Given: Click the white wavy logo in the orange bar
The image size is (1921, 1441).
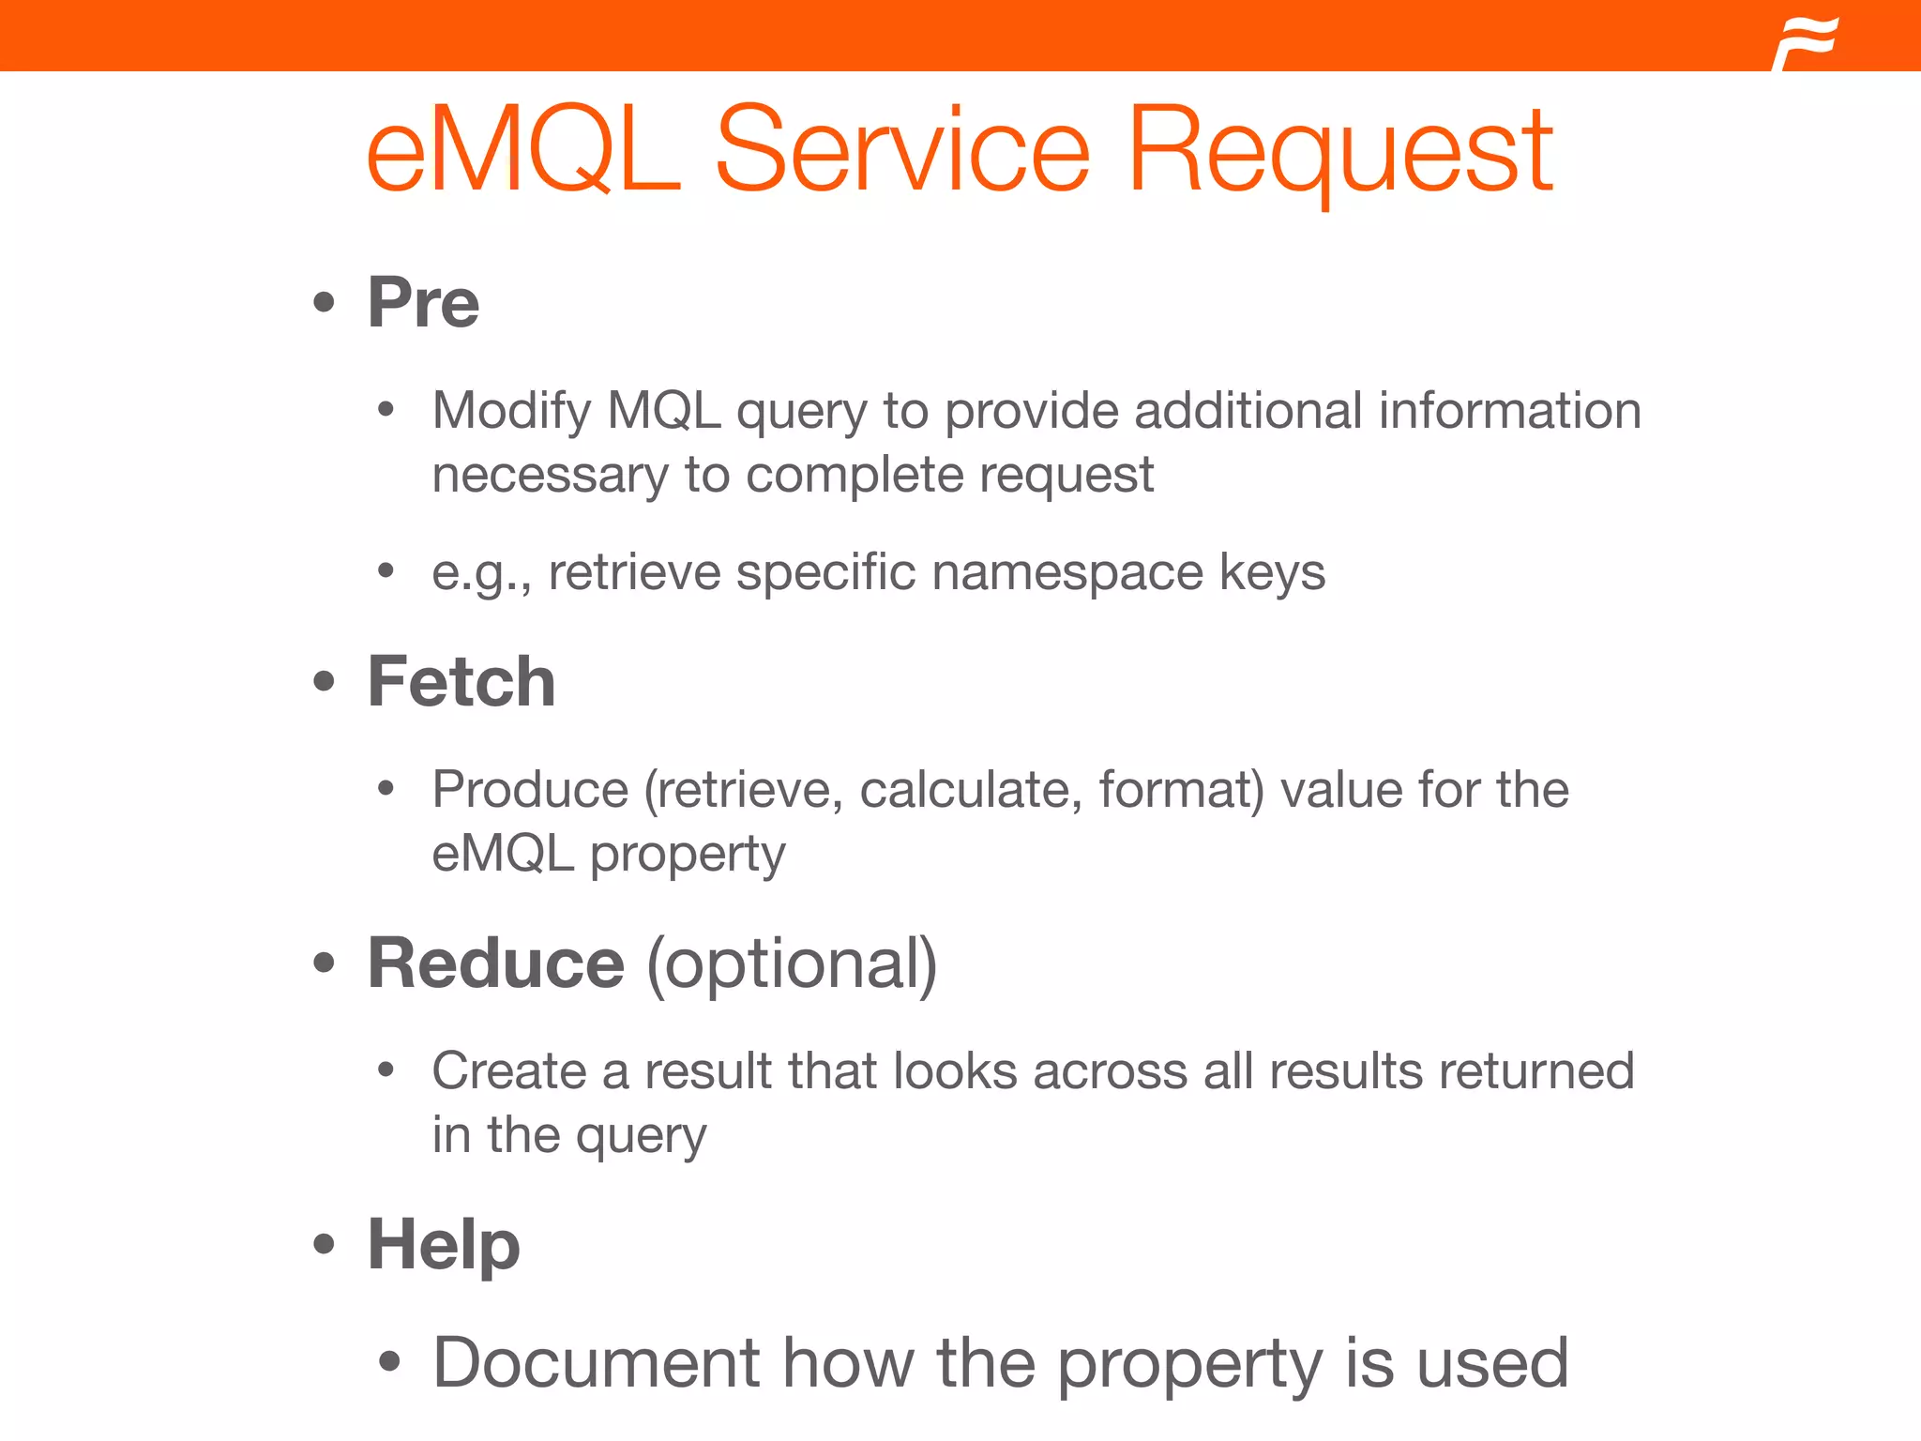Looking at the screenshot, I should click(x=1805, y=43).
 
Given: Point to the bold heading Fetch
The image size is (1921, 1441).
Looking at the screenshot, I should click(x=461, y=681).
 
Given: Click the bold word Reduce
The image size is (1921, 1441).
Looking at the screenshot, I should click(x=495, y=963).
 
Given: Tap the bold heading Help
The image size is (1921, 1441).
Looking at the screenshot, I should click(x=443, y=1244).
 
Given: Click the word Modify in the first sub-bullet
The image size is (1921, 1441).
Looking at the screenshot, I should click(x=511, y=411).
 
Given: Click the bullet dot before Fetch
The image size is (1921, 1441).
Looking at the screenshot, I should click(x=324, y=682).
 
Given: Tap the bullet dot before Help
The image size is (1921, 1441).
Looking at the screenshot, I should click(x=324, y=1245).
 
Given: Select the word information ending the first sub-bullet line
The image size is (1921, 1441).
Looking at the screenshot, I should click(x=1509, y=411).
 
